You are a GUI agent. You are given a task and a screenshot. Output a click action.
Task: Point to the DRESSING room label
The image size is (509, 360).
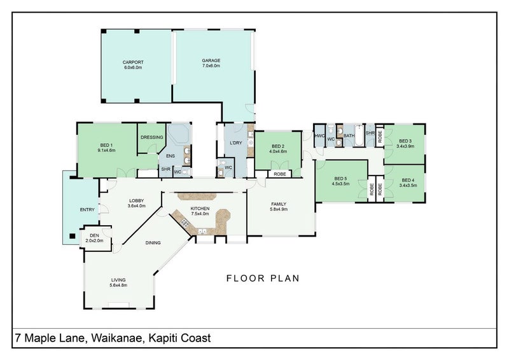(152, 137)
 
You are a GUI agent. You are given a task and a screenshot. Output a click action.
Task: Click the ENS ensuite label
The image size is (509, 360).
(171, 155)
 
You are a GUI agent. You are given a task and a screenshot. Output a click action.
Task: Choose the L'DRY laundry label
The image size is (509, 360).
(236, 143)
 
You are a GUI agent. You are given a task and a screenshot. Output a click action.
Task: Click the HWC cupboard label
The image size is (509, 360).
(320, 135)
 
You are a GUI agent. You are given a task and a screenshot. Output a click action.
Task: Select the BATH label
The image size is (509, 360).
(349, 135)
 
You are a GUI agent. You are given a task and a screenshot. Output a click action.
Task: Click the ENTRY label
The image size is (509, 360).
(87, 209)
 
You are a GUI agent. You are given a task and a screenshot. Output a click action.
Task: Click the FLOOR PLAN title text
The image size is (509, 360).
(263, 278)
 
